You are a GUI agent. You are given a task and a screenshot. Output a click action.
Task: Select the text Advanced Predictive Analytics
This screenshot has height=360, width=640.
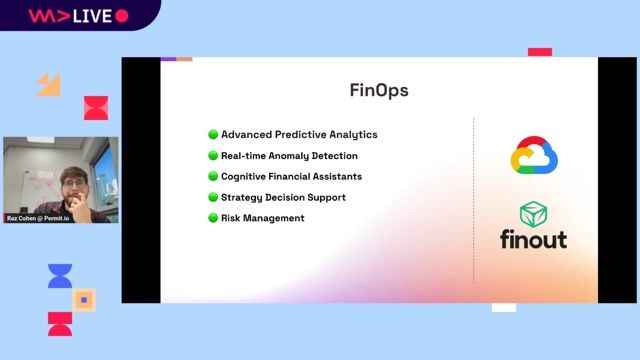pos(299,134)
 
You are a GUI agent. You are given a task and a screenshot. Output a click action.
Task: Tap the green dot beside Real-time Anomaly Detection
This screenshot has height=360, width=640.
pos(213,155)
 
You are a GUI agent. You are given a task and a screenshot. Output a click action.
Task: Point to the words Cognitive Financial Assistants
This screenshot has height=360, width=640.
pos(291,176)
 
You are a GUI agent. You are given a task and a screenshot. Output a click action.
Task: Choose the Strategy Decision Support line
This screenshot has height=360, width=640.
pos(283,197)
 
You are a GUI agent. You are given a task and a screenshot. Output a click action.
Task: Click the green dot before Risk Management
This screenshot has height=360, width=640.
pos(213,218)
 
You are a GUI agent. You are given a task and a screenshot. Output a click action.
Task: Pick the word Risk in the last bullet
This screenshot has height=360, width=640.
pos(232,218)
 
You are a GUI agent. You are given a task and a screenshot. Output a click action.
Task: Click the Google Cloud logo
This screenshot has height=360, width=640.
pos(534,156)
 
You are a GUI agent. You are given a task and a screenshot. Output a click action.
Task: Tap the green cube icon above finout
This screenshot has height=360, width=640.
pos(534,214)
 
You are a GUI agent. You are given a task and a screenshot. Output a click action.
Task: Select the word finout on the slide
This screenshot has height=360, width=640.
pos(534,240)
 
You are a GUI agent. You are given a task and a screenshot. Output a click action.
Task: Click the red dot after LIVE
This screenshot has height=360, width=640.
pos(122,16)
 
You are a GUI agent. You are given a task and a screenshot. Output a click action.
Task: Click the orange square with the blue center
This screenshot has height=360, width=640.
pos(85,299)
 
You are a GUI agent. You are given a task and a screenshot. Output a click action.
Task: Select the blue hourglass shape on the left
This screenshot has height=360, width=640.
pos(60,277)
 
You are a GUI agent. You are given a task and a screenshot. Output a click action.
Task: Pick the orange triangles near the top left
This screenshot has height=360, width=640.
pos(49,85)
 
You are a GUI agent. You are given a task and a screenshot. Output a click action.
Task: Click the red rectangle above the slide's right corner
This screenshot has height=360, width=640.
pos(540,52)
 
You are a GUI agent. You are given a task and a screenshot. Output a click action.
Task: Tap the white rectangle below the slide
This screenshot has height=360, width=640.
pos(504,307)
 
